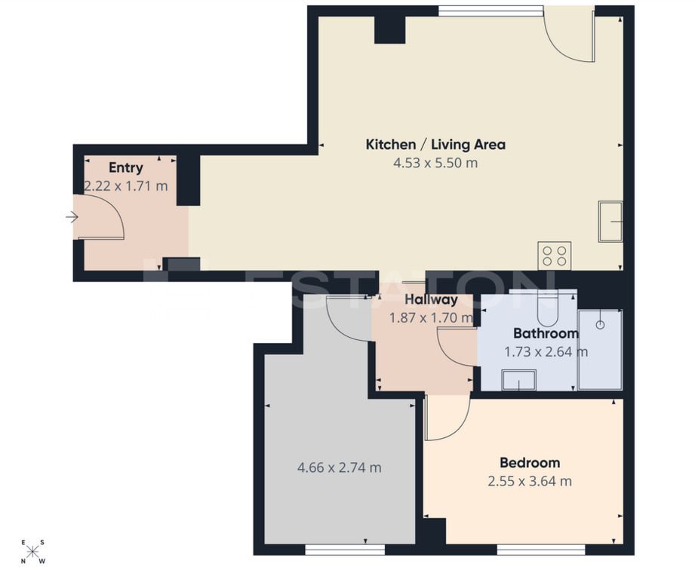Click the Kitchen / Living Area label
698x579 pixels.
(x=435, y=145)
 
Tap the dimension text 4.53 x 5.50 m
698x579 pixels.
(x=435, y=163)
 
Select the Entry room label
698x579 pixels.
(x=126, y=167)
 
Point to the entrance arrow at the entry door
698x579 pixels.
(x=72, y=217)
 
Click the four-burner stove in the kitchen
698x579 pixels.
(x=554, y=256)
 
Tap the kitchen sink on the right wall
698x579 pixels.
(x=610, y=222)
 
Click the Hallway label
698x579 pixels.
(x=431, y=300)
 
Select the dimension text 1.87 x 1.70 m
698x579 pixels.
(x=431, y=318)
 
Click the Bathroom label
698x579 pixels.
(x=546, y=333)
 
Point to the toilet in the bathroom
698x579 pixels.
(x=547, y=308)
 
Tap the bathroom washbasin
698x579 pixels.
(x=518, y=380)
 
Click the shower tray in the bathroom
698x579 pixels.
(x=600, y=350)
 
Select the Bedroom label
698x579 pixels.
(x=530, y=462)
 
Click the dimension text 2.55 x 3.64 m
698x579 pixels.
(x=530, y=481)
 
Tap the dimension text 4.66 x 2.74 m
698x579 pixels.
(x=340, y=468)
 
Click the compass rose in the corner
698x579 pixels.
(x=32, y=552)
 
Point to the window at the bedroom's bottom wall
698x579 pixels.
(x=541, y=550)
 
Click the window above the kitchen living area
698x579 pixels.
(x=490, y=11)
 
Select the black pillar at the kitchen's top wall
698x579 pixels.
(x=390, y=30)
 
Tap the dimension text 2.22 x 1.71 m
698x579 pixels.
(x=126, y=186)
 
